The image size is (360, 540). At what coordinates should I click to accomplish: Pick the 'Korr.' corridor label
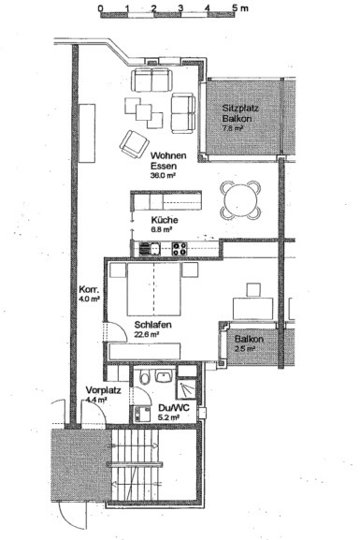tap(89, 290)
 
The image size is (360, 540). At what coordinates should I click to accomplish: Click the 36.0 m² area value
tap(163, 175)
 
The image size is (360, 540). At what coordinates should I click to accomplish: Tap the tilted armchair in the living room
tap(131, 143)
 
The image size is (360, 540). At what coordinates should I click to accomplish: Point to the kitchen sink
tap(147, 248)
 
